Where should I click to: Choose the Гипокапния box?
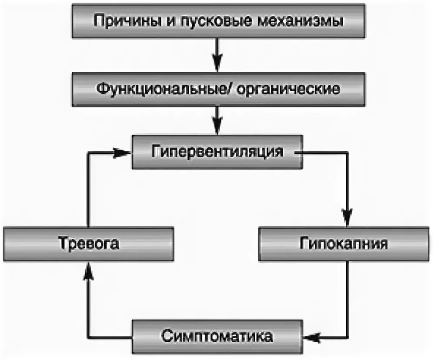344,243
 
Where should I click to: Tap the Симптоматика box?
217,337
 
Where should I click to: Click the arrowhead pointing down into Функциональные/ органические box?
218,65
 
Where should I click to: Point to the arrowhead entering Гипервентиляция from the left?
124,152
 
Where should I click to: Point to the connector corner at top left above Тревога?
88,152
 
